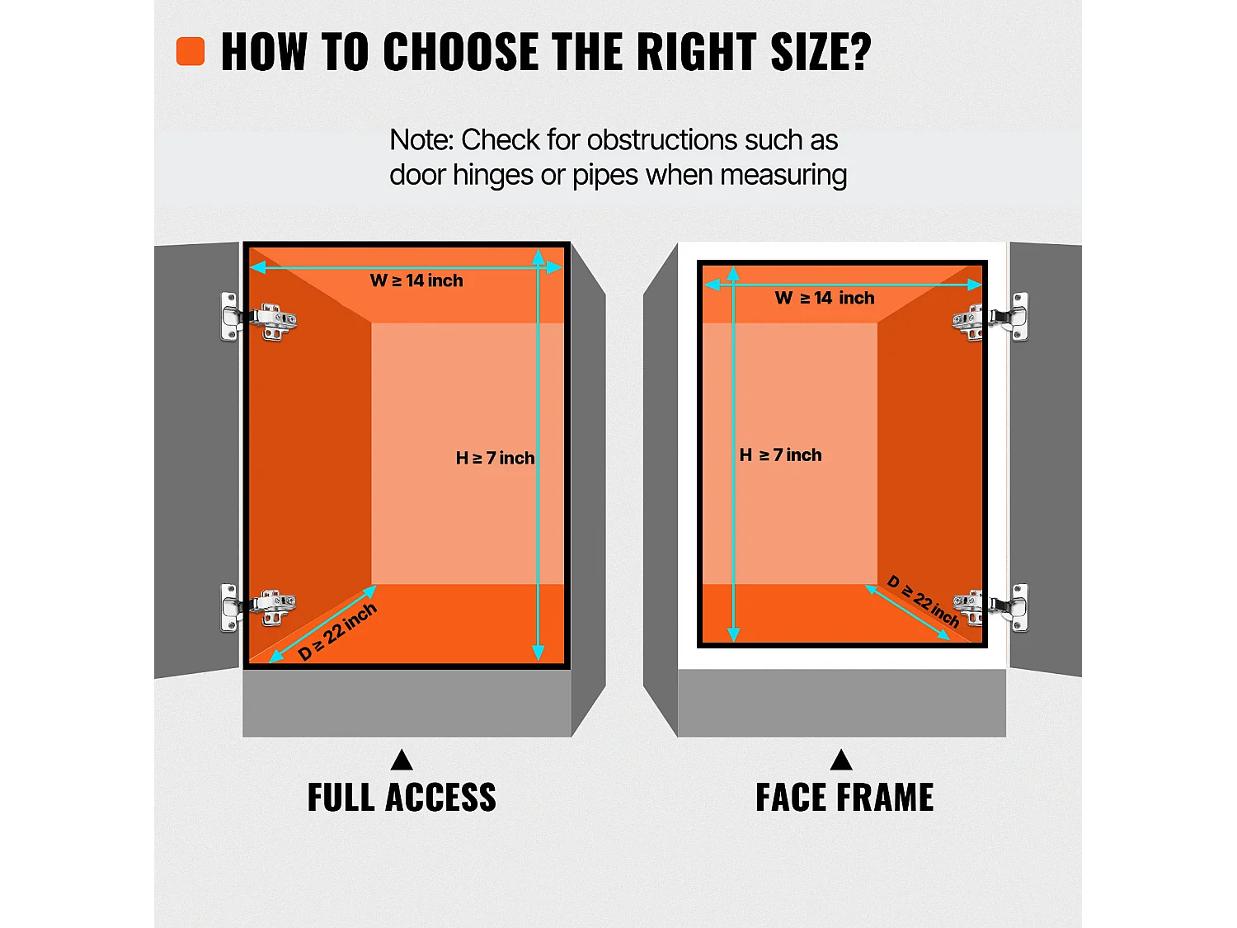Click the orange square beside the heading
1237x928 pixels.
190,51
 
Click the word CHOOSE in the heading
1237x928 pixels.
462,51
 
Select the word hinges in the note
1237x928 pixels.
492,175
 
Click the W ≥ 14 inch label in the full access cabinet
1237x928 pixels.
416,280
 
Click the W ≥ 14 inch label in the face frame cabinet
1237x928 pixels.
825,298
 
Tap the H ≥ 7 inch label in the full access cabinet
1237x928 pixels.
496,458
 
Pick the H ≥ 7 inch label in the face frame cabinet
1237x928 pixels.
780,455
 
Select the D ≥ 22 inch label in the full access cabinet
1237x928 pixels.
337,632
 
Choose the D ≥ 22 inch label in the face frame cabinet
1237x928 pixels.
923,601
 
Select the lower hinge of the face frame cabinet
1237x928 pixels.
990,608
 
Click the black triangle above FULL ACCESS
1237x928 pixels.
402,761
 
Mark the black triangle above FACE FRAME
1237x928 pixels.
841,761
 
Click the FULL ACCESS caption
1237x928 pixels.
402,798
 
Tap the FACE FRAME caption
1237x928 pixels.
844,798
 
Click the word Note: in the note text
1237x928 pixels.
421,139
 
